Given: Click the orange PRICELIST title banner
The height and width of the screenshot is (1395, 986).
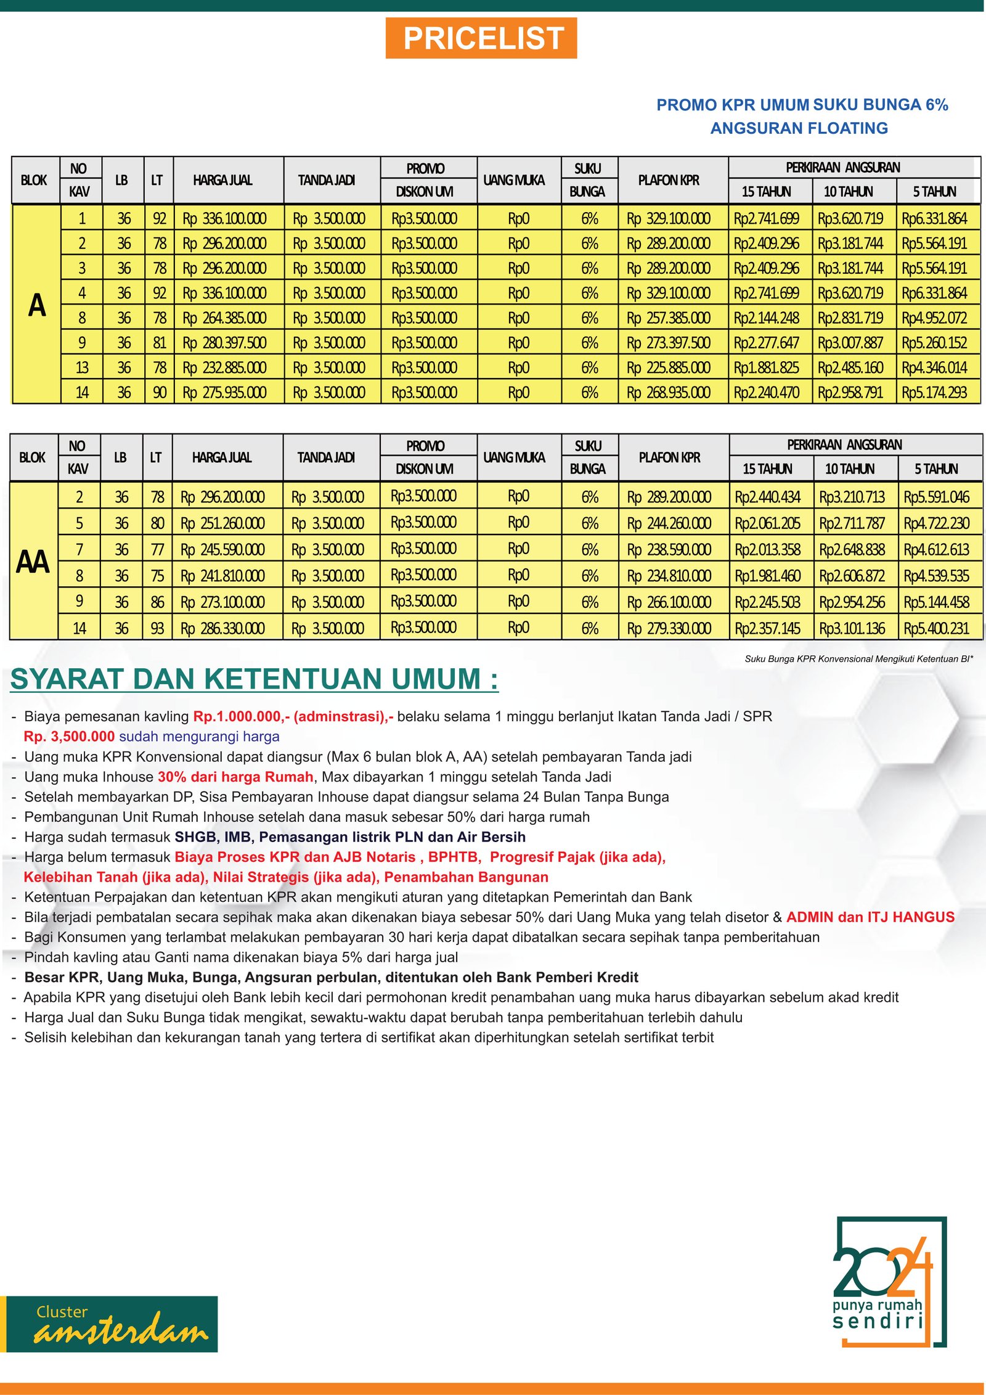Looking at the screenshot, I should (481, 38).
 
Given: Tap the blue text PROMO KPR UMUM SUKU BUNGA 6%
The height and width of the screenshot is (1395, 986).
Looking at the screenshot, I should (802, 105).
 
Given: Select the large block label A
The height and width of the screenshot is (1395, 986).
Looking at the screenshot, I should (37, 305).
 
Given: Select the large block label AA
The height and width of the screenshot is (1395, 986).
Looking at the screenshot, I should (33, 562).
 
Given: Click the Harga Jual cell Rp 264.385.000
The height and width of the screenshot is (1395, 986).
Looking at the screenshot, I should (224, 318).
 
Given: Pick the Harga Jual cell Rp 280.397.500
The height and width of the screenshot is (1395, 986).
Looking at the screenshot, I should (224, 343).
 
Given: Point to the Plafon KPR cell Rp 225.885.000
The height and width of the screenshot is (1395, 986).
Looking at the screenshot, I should (669, 368).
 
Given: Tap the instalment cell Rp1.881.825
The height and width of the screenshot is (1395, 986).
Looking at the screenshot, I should (766, 368).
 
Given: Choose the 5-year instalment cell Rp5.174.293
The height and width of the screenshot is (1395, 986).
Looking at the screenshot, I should (934, 393).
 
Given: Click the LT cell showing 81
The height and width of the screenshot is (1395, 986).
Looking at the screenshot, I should (160, 343).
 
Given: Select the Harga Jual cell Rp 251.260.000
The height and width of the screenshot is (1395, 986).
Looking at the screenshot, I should (222, 523).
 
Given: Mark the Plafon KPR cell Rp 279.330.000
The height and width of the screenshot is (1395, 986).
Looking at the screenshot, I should (669, 629).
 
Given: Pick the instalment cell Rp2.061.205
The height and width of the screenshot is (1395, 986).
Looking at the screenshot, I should (767, 523).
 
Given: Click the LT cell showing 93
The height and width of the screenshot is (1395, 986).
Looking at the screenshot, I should (158, 629).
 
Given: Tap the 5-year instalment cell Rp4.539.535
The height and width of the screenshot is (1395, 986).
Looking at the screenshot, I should (936, 576).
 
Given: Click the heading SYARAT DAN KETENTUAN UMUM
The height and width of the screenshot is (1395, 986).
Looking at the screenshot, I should (254, 679).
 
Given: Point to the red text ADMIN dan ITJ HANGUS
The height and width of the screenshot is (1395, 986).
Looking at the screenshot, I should (870, 917).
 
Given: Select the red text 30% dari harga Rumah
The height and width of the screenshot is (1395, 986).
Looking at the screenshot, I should (235, 777).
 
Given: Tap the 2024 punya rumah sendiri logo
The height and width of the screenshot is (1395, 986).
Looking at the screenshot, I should (887, 1282).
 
